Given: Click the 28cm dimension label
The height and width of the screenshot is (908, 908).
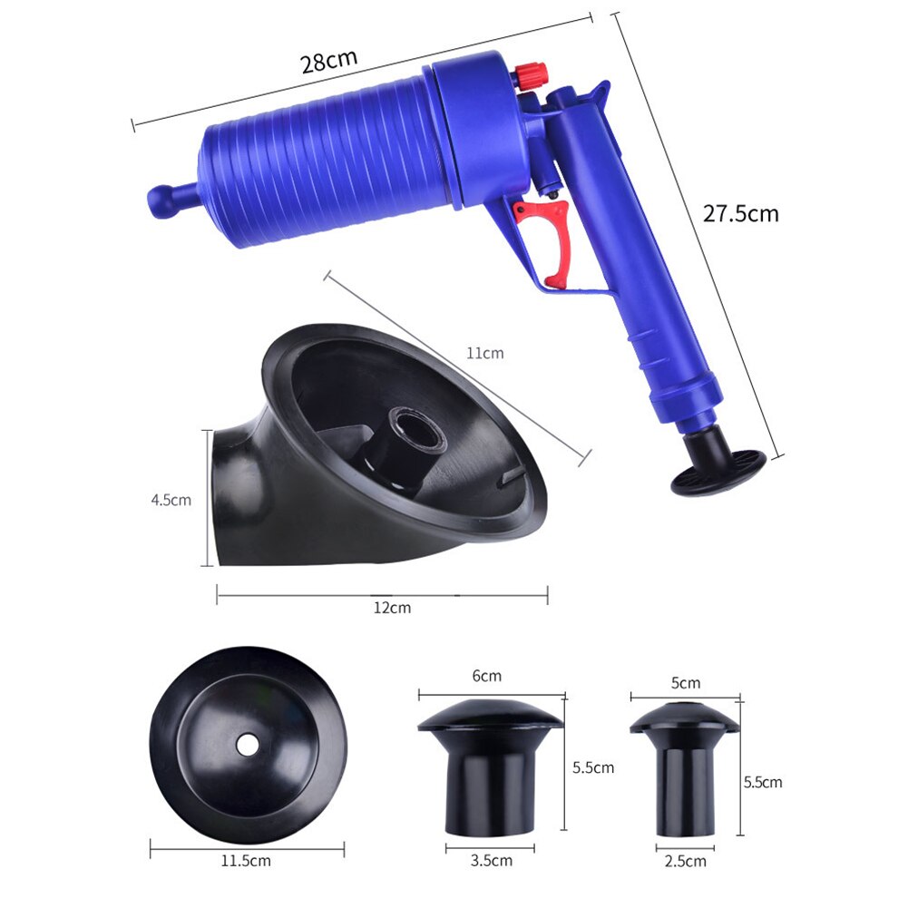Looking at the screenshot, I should tap(329, 61).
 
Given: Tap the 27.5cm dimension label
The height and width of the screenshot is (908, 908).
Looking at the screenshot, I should tap(740, 214).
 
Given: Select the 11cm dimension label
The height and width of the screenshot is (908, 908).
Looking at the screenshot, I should tap(485, 353).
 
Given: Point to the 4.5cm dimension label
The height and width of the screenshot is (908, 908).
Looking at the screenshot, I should tap(171, 499).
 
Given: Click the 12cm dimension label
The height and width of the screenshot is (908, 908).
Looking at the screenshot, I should tap(392, 608).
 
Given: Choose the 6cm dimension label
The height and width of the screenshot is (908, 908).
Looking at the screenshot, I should tap(486, 676).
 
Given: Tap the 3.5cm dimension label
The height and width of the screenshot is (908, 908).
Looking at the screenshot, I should tap(492, 860).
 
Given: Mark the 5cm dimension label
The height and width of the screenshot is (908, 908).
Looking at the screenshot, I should tap(685, 682).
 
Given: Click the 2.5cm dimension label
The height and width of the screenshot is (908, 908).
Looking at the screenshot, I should tap(685, 860).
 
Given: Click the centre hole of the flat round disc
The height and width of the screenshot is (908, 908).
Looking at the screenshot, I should tap(247, 744).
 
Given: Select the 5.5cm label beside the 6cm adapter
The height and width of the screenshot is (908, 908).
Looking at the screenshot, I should tap(593, 767).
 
